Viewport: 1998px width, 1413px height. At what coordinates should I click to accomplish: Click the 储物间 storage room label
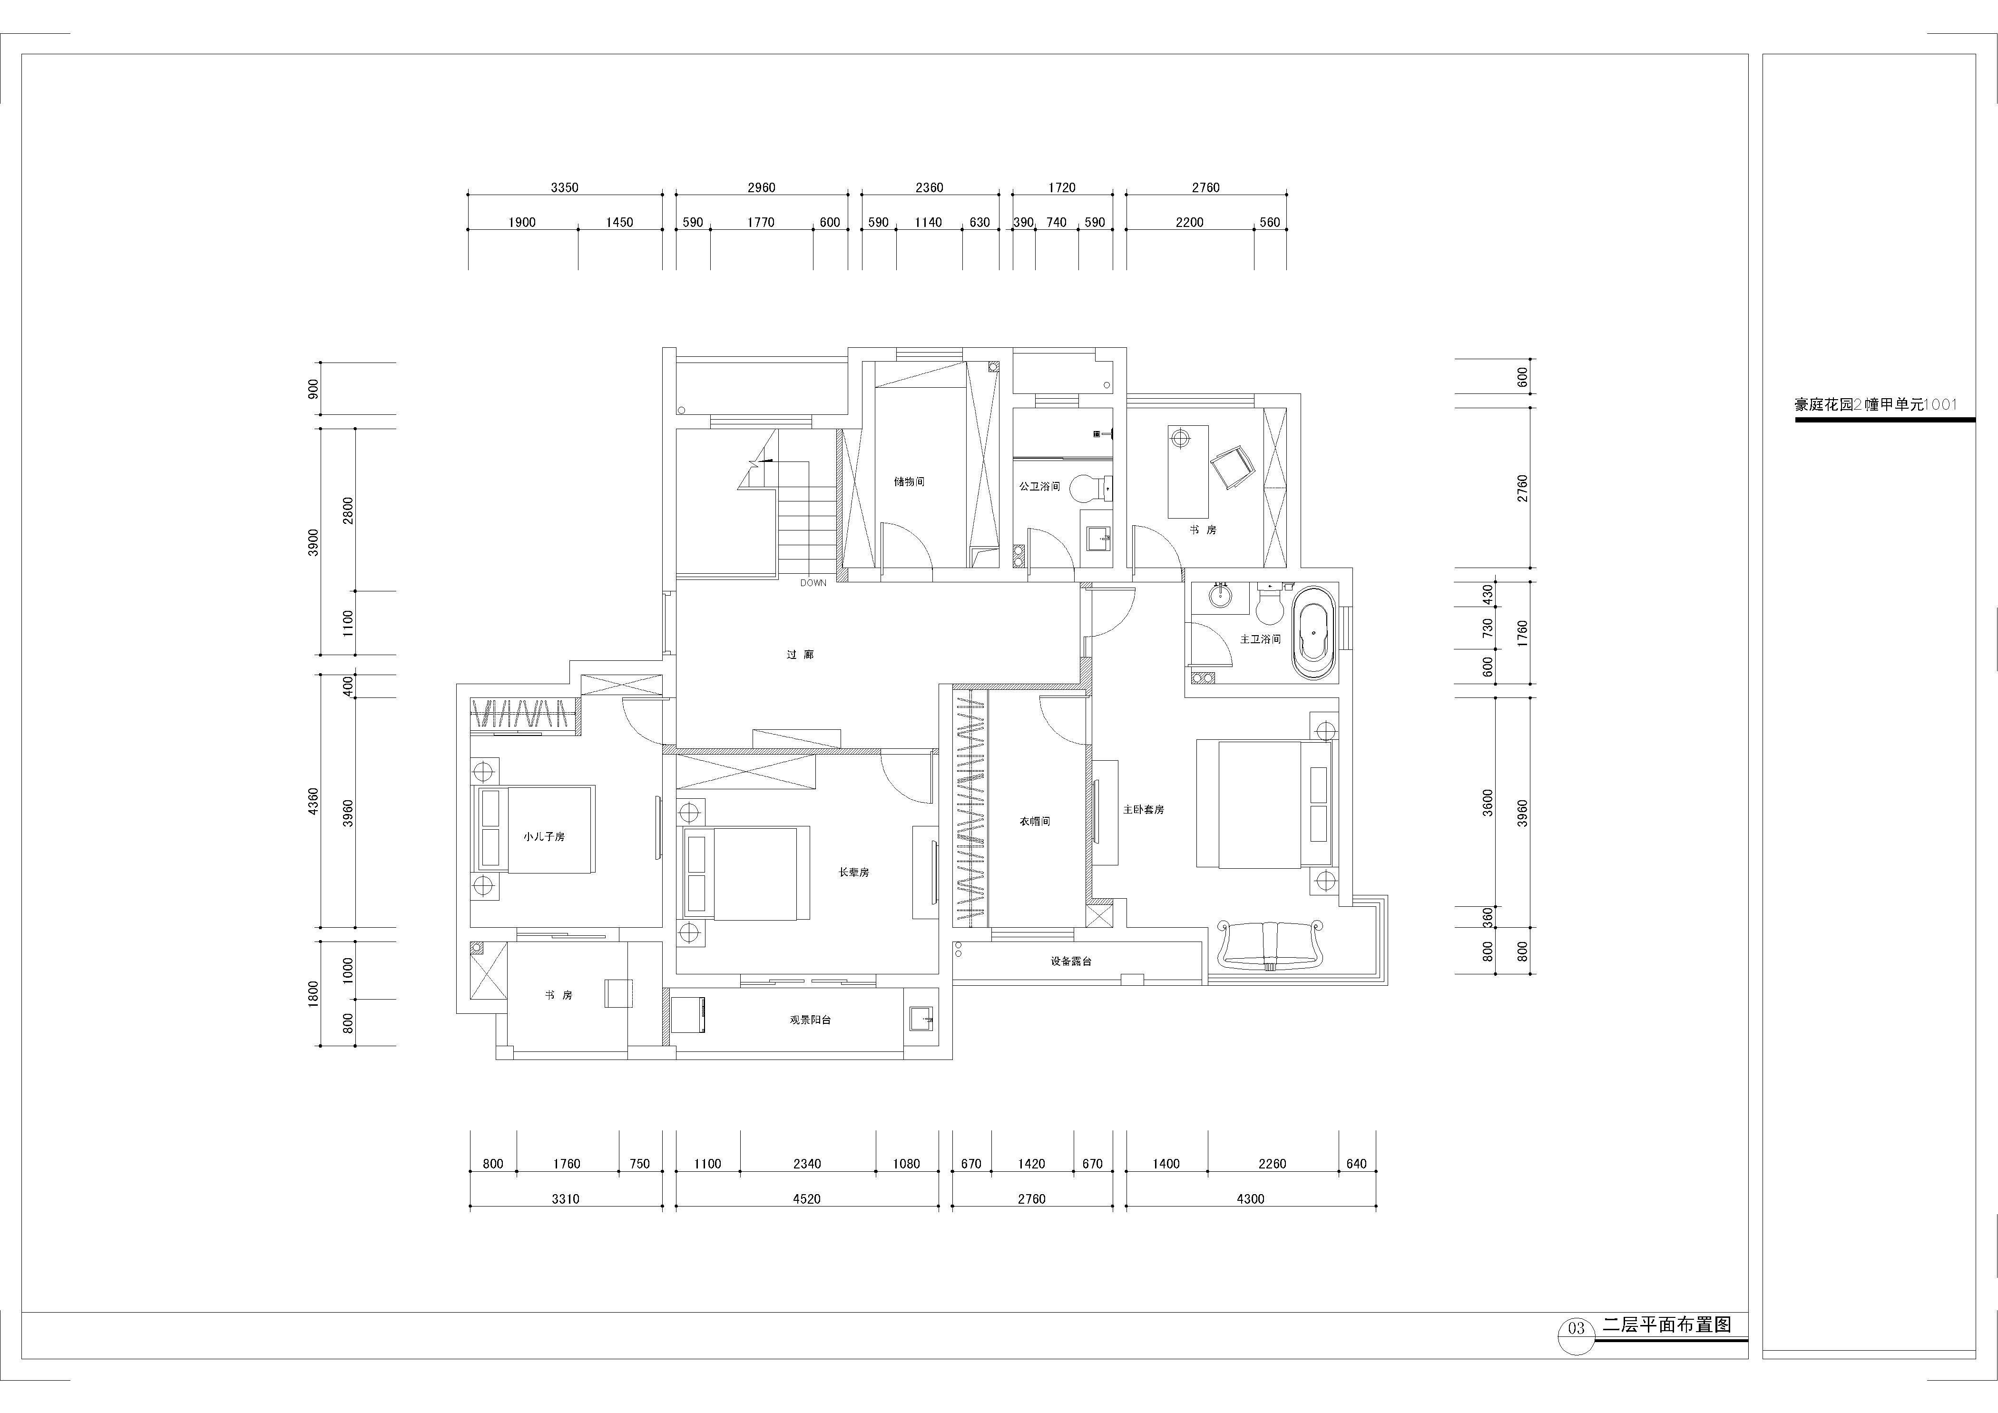click(909, 481)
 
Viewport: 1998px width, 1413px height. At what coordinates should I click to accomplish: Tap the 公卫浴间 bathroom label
click(1040, 486)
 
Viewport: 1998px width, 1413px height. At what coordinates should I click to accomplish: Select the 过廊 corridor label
click(800, 654)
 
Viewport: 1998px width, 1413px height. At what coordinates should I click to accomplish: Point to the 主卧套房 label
click(1144, 809)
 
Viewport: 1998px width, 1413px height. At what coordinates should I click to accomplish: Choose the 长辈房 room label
click(854, 872)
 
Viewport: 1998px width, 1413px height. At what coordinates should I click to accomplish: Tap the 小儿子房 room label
click(544, 836)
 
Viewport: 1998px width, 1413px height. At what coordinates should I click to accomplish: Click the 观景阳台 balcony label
click(810, 1019)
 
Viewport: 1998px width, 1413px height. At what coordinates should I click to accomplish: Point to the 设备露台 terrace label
click(1070, 962)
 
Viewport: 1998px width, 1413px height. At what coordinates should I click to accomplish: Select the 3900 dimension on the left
click(314, 542)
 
